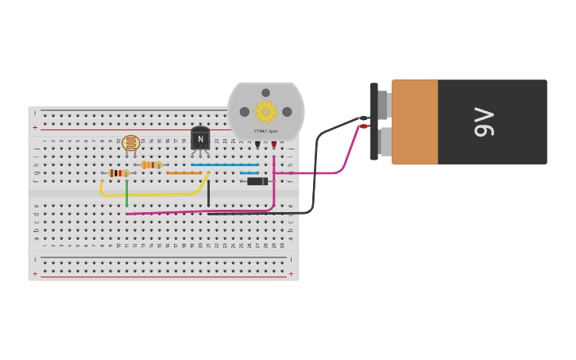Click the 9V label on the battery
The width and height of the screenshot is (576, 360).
pos(484,122)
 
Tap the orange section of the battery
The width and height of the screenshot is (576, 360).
pos(414,122)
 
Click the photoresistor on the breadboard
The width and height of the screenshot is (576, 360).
pos(131,143)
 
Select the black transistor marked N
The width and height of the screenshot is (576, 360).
pos(200,139)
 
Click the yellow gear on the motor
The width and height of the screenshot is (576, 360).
pos(265,112)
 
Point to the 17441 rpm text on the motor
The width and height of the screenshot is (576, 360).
pos(265,131)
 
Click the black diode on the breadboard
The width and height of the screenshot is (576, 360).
pos(257,181)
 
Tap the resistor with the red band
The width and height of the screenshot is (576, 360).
pos(118,173)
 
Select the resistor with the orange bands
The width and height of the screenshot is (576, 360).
pos(151,165)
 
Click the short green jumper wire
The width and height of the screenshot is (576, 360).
pos(126,193)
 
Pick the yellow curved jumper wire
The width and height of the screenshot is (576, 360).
pos(151,194)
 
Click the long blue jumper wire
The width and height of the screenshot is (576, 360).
pos(225,165)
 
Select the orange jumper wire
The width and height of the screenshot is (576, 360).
pos(184,173)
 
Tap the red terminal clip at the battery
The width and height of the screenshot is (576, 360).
pos(364,126)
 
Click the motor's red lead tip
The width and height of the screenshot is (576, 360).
pos(274,145)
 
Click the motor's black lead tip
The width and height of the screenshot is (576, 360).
pos(257,145)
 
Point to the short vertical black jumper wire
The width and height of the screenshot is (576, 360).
pos(209,193)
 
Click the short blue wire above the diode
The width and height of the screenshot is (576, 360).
pos(249,172)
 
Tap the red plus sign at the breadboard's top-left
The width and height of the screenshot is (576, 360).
pos(35,127)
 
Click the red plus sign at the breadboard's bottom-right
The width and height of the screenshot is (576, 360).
pos(291,274)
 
